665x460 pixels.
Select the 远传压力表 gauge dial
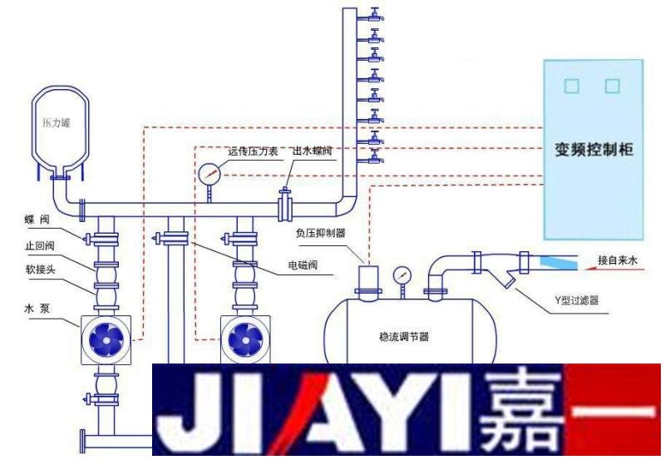tap(209, 174)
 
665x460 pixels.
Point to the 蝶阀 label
tap(37, 220)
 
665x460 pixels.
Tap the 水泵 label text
tap(38, 306)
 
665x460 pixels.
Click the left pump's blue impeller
tap(106, 339)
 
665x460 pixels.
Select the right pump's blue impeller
tap(244, 339)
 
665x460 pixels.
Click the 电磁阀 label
tap(303, 266)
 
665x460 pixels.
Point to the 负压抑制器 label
tap(318, 234)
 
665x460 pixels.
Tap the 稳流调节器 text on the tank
tap(397, 338)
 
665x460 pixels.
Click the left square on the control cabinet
tap(570, 86)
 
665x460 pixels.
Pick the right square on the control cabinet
tap(613, 86)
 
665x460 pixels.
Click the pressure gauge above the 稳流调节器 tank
tap(401, 275)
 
